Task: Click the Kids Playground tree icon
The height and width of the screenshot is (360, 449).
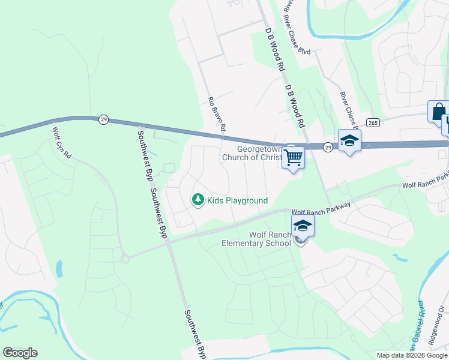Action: [x=198, y=200]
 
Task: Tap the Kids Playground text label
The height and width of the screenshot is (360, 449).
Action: [x=237, y=200]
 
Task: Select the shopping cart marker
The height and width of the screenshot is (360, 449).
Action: [x=294, y=158]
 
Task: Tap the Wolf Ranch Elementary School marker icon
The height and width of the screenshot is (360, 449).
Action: [x=303, y=226]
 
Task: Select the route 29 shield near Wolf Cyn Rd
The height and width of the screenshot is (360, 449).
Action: [x=104, y=120]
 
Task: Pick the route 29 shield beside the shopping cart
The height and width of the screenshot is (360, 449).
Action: [x=328, y=146]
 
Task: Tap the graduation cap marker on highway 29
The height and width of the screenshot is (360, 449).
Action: [x=349, y=141]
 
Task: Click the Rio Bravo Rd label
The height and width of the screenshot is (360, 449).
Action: [x=216, y=114]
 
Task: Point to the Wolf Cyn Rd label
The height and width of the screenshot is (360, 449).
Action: [x=62, y=142]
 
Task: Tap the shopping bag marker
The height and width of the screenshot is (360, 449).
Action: [x=438, y=111]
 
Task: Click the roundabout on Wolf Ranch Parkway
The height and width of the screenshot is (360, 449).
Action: [x=125, y=259]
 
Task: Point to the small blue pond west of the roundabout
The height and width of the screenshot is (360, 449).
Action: [x=60, y=268]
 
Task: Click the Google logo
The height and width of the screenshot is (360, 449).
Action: [x=20, y=353]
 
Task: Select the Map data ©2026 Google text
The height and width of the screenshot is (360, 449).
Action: [x=411, y=355]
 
